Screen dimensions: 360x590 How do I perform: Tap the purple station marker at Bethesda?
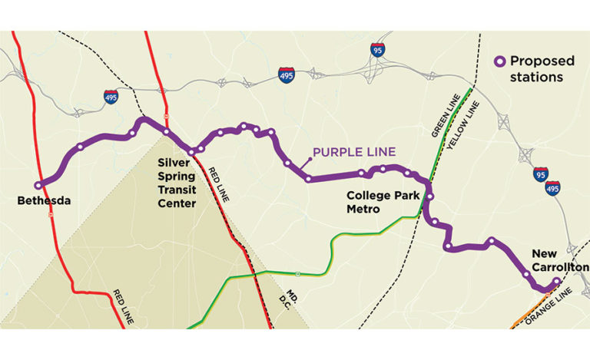coord(38,185)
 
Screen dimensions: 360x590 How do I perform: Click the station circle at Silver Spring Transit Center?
coord(191,151)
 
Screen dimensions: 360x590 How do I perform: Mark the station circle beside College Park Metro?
coord(430,197)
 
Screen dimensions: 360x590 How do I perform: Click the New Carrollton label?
coord(559,260)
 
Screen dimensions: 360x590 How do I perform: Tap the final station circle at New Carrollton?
coord(556,281)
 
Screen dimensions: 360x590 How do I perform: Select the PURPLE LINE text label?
coord(353,152)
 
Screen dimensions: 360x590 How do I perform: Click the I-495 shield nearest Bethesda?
coord(111,97)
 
